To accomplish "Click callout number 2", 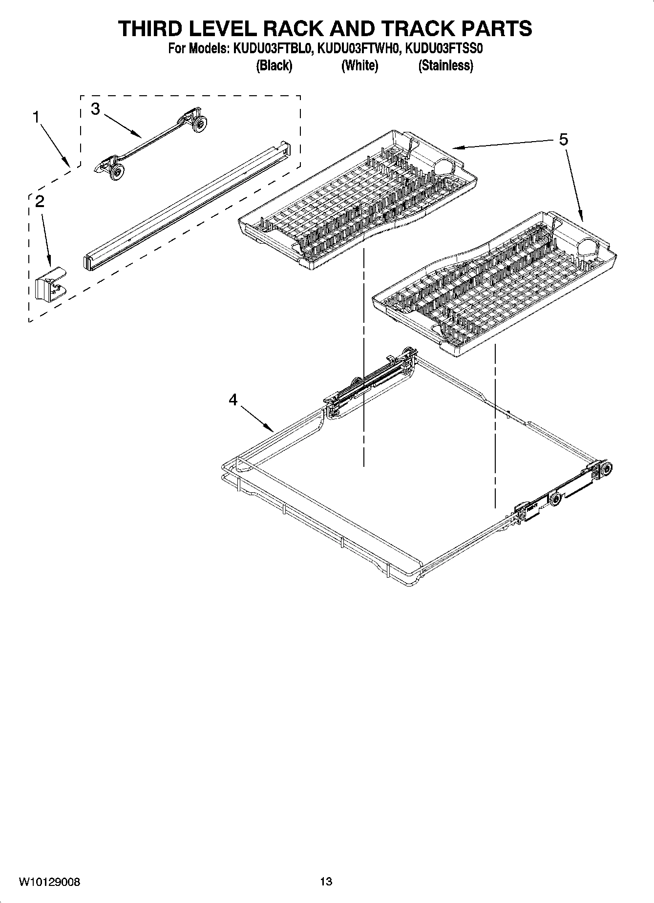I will [x=40, y=201].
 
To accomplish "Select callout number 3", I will [x=95, y=109].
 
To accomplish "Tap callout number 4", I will [x=233, y=400].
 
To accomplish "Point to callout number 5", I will [x=564, y=140].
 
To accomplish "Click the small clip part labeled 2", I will [x=50, y=283].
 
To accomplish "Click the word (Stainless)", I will [x=445, y=65].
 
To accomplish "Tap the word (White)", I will [x=359, y=65].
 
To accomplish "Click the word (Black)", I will [x=274, y=65].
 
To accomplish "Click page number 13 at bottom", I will [x=326, y=882].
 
